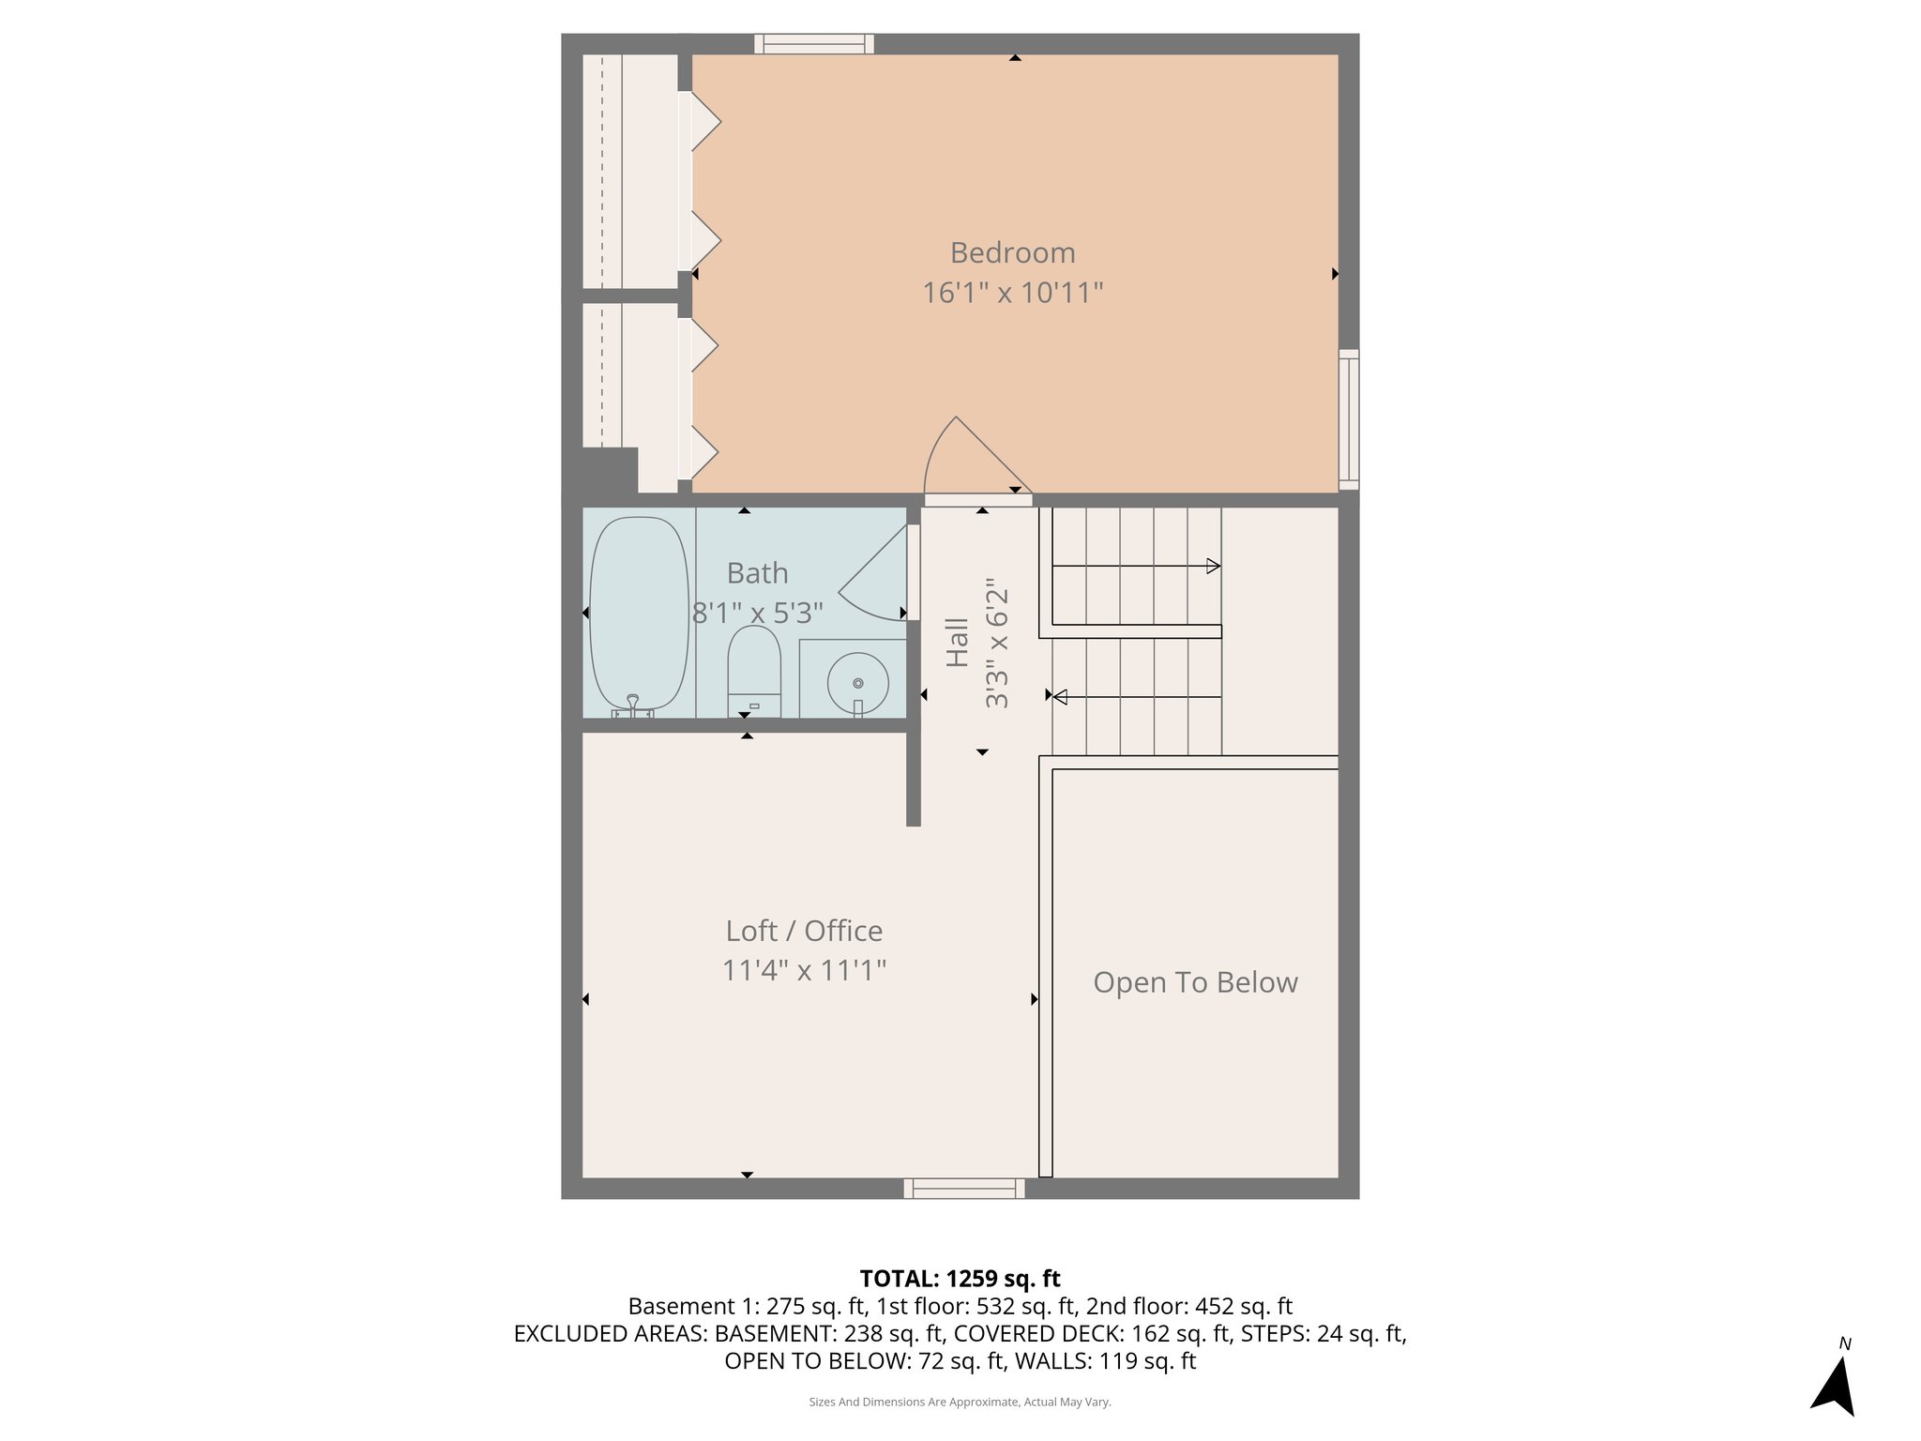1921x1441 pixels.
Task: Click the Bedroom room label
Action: (1012, 252)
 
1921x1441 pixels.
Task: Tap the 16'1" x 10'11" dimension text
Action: (1012, 293)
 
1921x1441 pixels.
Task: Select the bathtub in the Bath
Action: (638, 614)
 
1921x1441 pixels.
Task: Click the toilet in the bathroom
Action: (754, 672)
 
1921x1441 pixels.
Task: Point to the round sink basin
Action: (857, 683)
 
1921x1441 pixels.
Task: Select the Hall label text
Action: (957, 642)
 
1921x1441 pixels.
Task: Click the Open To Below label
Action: (1195, 982)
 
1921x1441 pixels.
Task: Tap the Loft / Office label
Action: (804, 931)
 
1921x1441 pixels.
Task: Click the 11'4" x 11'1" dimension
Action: (804, 970)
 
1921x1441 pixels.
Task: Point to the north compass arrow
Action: (1835, 1385)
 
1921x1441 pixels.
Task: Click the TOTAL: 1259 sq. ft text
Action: (960, 1279)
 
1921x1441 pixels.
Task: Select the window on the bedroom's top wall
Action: (813, 44)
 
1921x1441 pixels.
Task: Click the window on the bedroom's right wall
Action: (1348, 419)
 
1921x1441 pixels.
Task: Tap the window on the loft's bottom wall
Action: (963, 1189)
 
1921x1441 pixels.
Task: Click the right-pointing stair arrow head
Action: (1213, 566)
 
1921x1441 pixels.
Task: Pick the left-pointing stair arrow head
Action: (1060, 697)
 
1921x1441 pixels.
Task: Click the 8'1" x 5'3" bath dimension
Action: (757, 613)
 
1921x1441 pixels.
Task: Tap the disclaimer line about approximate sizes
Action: (960, 1402)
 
